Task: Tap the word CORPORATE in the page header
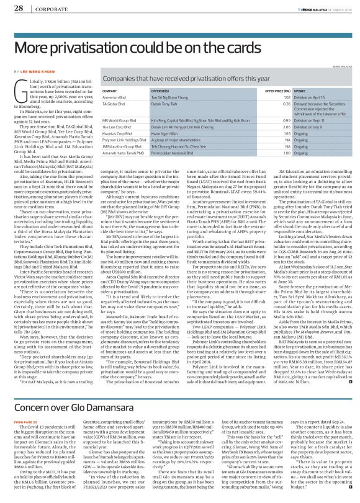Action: pos(42,9)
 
